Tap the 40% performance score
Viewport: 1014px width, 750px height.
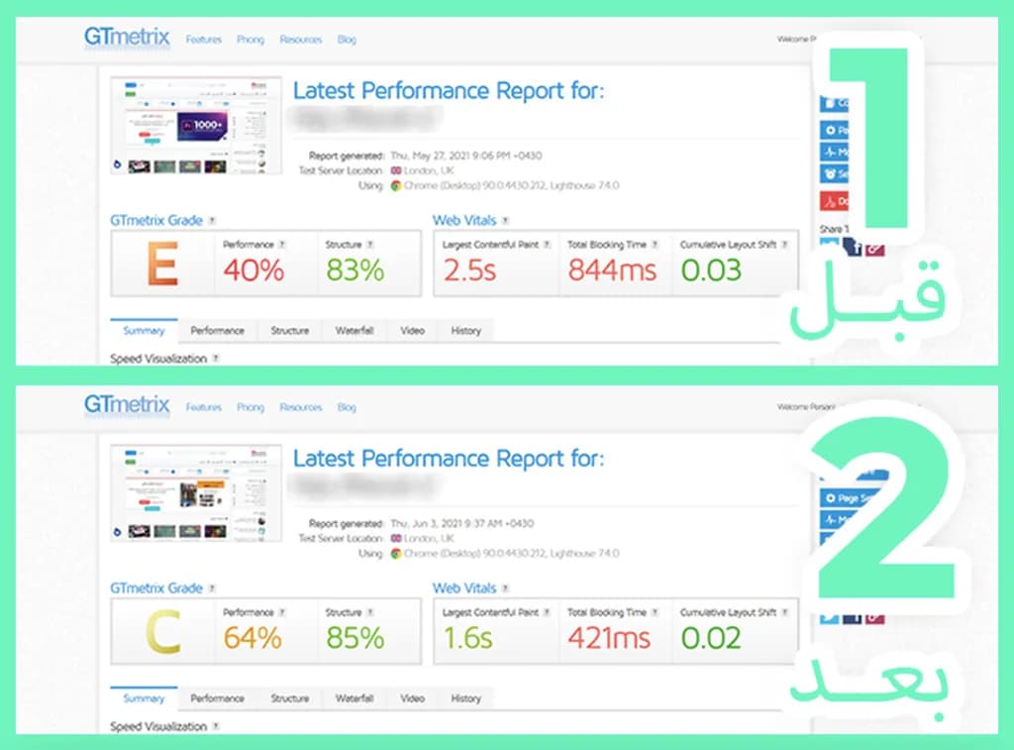pyautogui.click(x=254, y=270)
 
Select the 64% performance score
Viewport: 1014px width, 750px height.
pyautogui.click(x=253, y=638)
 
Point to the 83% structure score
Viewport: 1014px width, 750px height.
pyautogui.click(x=355, y=270)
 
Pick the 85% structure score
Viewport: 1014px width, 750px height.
pyautogui.click(x=355, y=638)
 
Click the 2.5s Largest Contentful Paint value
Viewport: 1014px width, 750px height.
pyautogui.click(x=469, y=270)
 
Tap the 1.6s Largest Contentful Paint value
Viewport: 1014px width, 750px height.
pyautogui.click(x=467, y=638)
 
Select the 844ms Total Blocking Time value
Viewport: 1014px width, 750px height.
pyautogui.click(x=612, y=270)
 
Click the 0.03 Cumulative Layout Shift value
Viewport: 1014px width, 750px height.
pyautogui.click(x=711, y=270)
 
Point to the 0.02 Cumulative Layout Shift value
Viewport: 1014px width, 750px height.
pyautogui.click(x=711, y=638)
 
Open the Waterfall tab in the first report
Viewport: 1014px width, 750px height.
pyautogui.click(x=355, y=331)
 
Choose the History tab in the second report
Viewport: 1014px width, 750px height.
pyautogui.click(x=465, y=698)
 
